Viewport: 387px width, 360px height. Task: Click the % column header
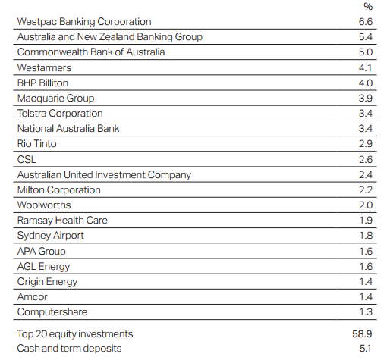click(x=368, y=6)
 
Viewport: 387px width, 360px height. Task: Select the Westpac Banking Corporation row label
click(x=84, y=22)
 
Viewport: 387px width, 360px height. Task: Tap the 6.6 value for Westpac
click(x=366, y=22)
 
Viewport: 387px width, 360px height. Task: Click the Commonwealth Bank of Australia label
click(x=91, y=52)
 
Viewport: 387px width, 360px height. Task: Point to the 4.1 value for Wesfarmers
click(x=365, y=67)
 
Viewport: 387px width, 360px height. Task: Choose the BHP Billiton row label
click(x=42, y=83)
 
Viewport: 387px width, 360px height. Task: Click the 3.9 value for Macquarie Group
click(x=366, y=98)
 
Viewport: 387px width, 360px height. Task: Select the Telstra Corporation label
click(x=60, y=114)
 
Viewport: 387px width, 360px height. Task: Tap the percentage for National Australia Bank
click(x=366, y=129)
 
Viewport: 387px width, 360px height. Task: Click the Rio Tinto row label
click(x=37, y=143)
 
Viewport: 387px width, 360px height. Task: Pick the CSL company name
click(x=27, y=159)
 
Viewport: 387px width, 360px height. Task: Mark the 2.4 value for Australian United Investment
click(x=366, y=174)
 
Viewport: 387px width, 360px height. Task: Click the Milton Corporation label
click(x=59, y=190)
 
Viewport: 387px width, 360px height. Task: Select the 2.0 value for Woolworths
click(x=366, y=205)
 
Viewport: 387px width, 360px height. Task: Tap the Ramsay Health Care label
click(x=62, y=221)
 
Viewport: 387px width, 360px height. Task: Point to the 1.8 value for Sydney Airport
click(x=366, y=236)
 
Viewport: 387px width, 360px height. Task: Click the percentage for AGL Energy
click(x=366, y=267)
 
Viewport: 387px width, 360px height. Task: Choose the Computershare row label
click(x=52, y=312)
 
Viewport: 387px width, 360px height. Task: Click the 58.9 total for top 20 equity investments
click(x=362, y=334)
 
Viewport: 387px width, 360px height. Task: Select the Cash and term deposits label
click(x=69, y=349)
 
